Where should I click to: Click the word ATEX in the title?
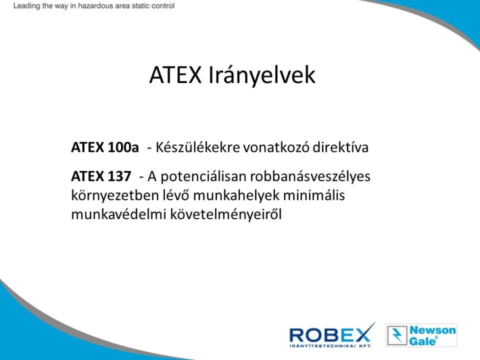click(x=175, y=74)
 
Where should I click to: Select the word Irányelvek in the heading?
click(x=262, y=74)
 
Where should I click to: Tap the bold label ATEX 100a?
click(x=105, y=147)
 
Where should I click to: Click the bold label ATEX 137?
click(x=101, y=176)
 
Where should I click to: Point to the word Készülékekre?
click(x=198, y=147)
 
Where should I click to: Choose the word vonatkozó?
click(x=277, y=147)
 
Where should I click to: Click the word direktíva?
click(x=341, y=147)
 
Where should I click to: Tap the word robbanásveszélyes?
click(x=310, y=176)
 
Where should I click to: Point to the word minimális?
click(x=314, y=195)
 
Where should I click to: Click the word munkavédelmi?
click(x=119, y=214)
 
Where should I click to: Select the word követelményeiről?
click(x=226, y=215)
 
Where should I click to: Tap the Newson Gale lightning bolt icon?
click(x=398, y=335)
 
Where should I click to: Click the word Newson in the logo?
click(x=433, y=330)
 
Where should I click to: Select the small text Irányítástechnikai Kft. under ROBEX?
click(x=330, y=346)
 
